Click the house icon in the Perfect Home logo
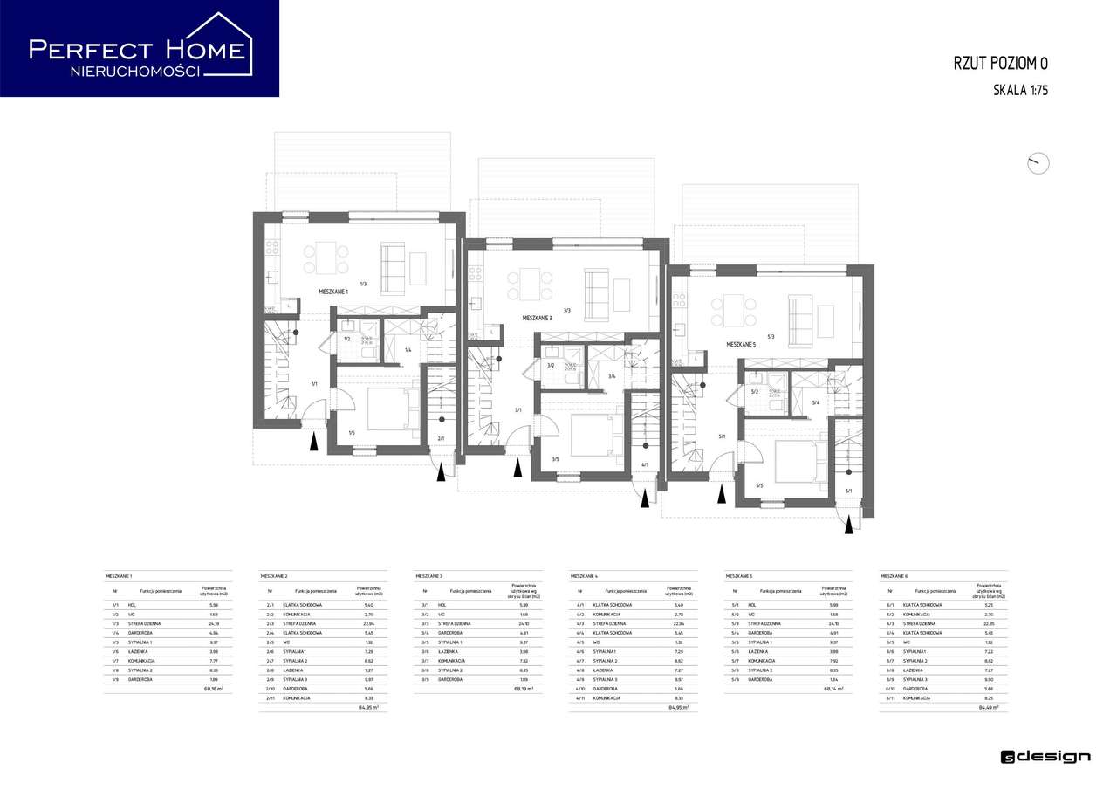[222, 44]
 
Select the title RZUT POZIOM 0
[1001, 63]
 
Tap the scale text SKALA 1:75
[1020, 89]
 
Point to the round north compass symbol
[1038, 163]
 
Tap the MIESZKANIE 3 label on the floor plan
[537, 319]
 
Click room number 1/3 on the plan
[362, 283]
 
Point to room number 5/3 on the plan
[771, 336]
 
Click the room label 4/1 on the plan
[644, 464]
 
